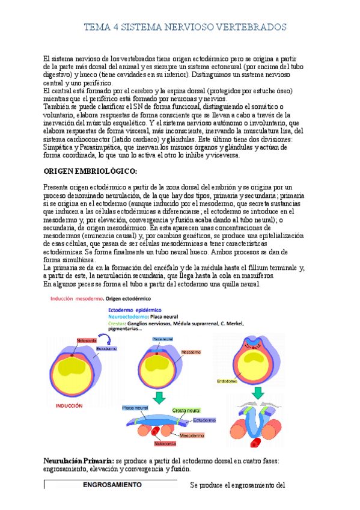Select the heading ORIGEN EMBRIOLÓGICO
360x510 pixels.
coord(90,171)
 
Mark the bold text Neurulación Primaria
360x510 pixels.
coord(78,461)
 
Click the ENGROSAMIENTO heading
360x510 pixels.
coord(112,484)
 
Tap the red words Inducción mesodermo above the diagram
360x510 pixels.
coord(78,298)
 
